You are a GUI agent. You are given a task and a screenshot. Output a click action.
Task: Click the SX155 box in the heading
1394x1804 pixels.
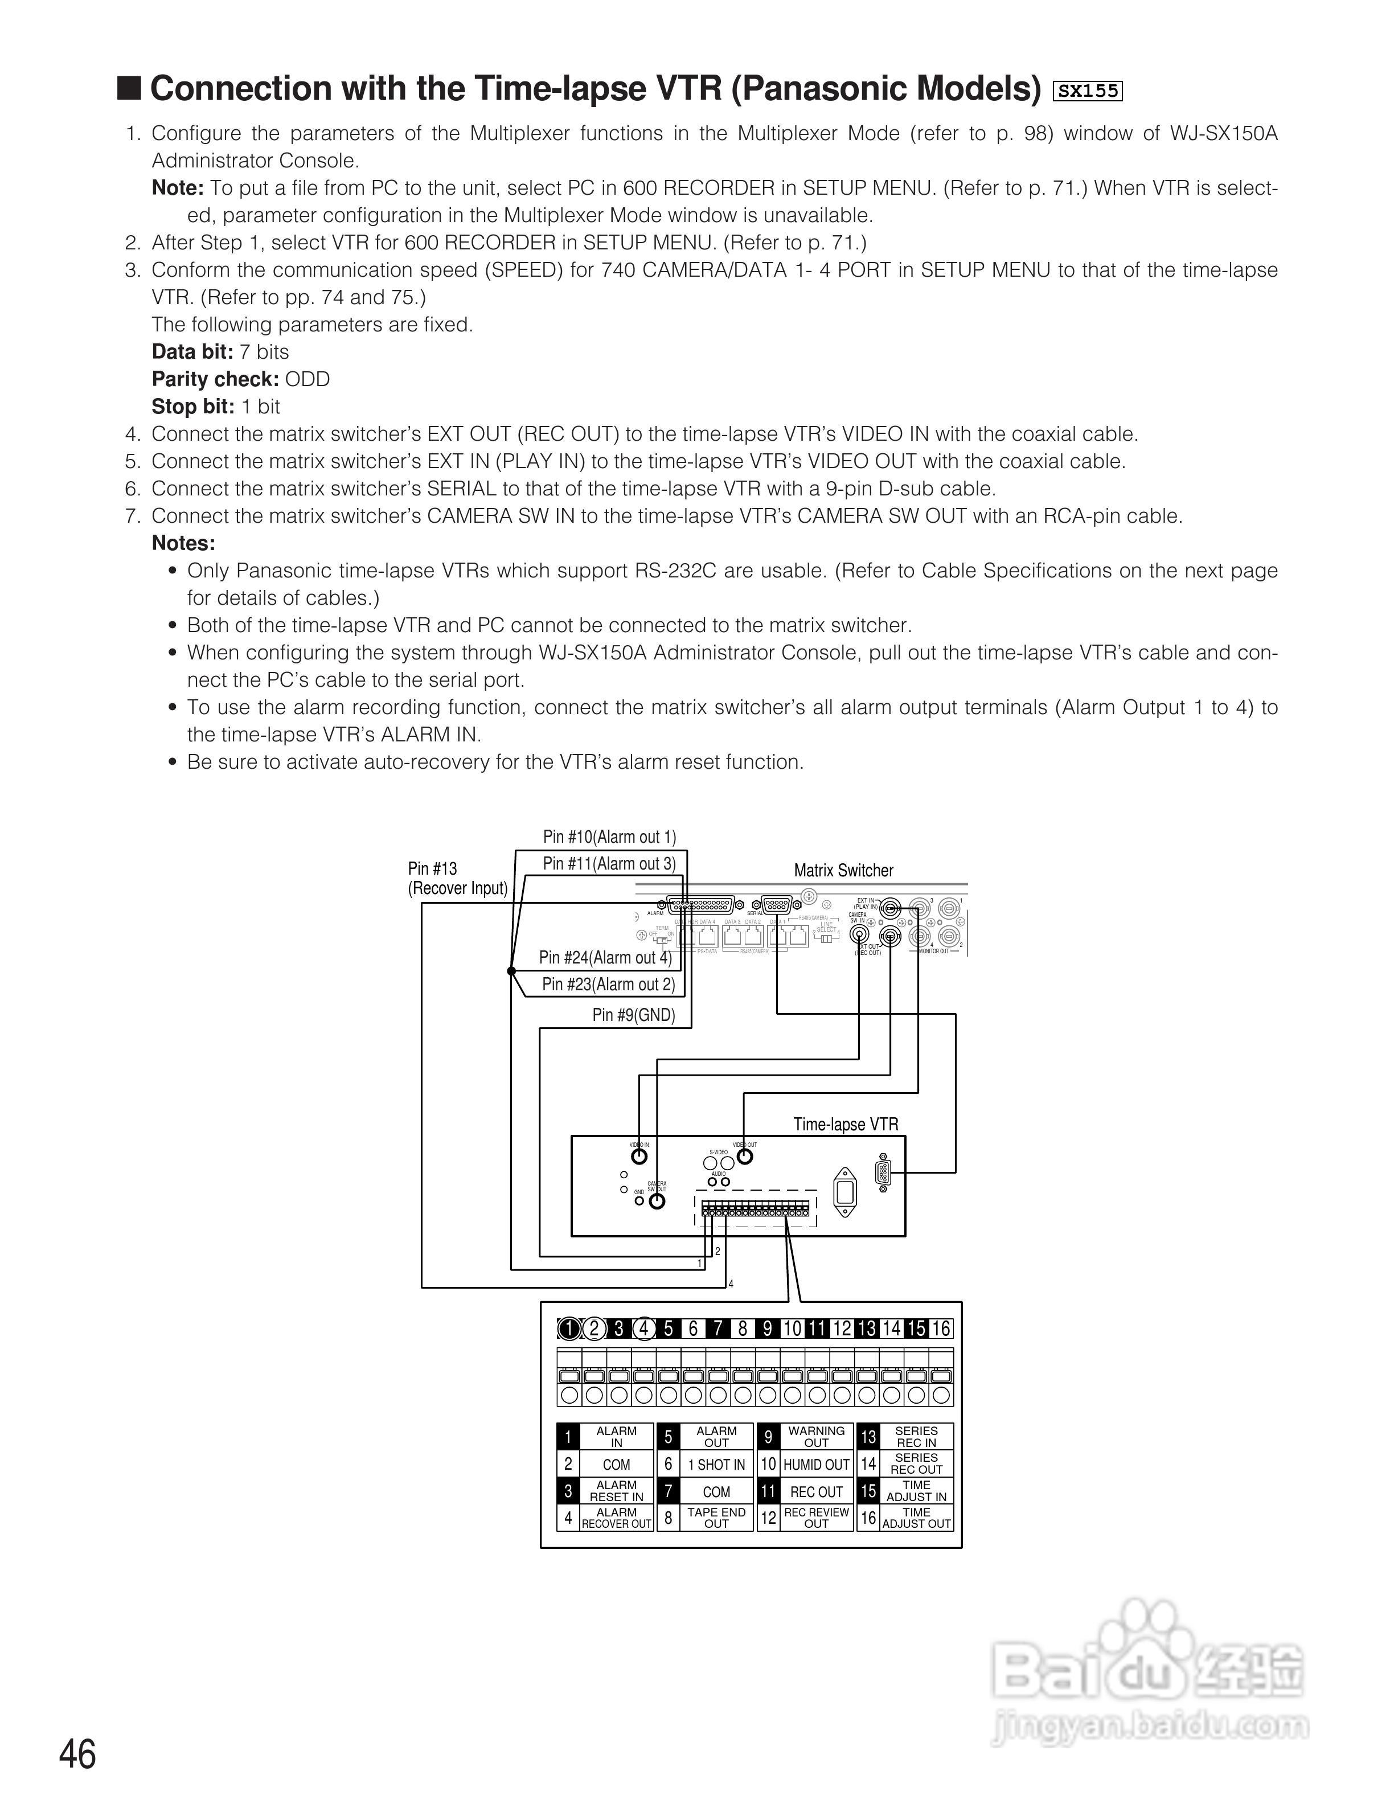coord(1088,91)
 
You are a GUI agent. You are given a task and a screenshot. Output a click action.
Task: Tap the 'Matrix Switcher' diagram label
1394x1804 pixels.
coord(843,871)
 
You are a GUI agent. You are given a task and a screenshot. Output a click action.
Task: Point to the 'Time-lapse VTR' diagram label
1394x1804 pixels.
coord(846,1124)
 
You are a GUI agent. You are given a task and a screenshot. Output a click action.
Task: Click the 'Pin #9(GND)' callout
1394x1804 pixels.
coord(633,1015)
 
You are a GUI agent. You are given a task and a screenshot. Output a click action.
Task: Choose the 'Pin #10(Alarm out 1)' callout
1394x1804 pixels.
coord(609,837)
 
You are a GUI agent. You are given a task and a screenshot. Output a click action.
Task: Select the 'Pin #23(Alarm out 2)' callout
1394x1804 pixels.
coord(609,985)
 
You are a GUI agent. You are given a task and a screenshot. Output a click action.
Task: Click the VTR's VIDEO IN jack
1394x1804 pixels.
coord(638,1157)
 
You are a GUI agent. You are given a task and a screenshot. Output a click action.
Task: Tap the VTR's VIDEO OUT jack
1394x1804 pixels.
coord(745,1157)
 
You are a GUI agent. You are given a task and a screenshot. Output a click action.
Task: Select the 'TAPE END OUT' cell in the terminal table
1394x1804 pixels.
coord(716,1518)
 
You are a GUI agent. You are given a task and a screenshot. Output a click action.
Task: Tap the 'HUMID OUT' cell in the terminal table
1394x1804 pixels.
coord(816,1465)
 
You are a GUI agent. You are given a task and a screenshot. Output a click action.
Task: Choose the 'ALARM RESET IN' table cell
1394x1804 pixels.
coord(616,1491)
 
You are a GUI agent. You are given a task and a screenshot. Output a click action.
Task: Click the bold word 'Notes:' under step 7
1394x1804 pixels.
coord(183,543)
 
